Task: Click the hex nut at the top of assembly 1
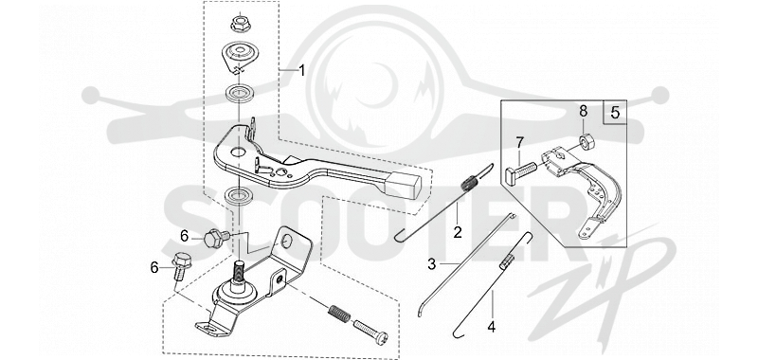pos(240,23)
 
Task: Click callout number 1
pos(301,71)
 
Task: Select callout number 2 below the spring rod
pos(457,232)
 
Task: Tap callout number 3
pos(432,263)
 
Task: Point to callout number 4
pos(491,327)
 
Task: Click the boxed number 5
pos(615,113)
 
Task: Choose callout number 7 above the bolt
pos(519,142)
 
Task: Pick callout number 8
pos(584,111)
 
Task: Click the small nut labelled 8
pos(587,141)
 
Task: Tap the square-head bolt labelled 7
pos(521,172)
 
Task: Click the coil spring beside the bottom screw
pos(340,315)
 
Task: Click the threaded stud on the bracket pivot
pos(240,272)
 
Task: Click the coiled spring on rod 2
pos(469,183)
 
